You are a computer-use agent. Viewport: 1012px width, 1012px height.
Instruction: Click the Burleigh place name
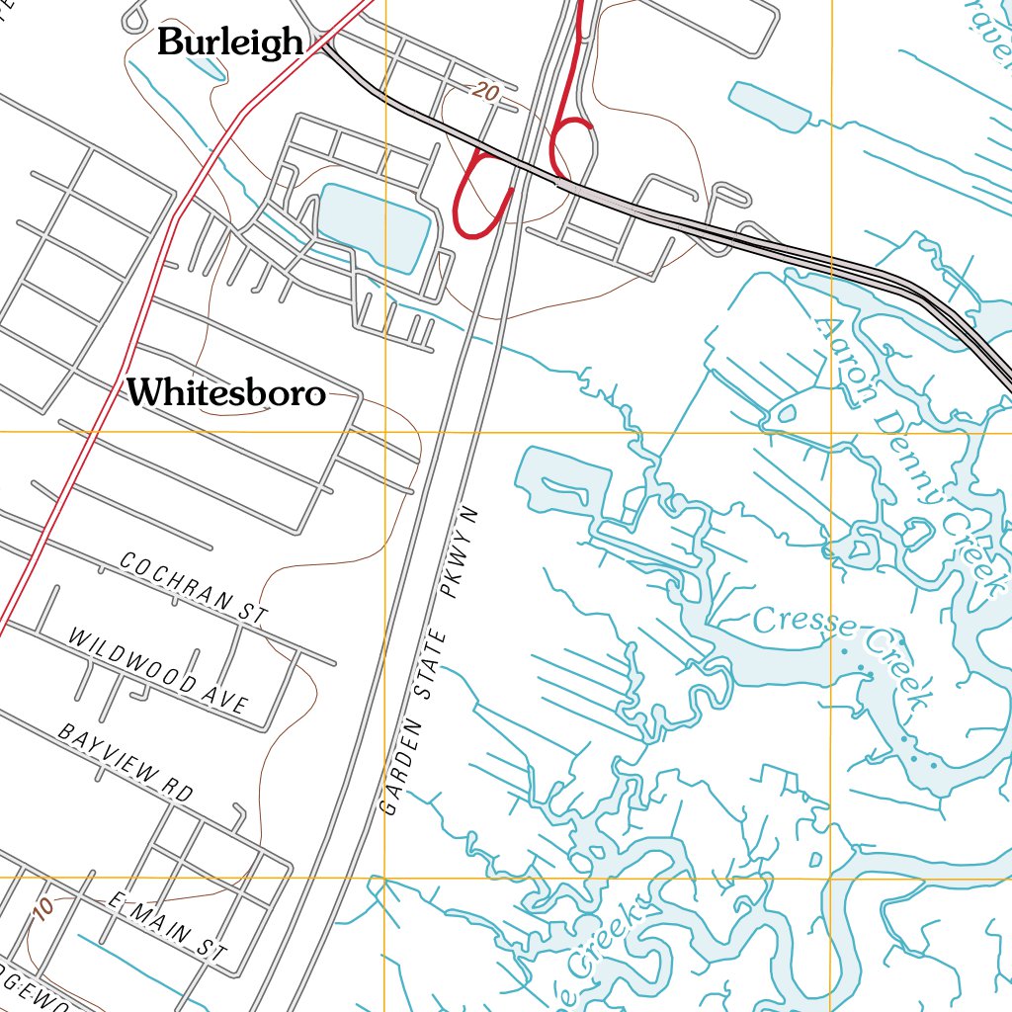point(230,42)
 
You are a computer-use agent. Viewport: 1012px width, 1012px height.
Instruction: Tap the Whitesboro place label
point(226,393)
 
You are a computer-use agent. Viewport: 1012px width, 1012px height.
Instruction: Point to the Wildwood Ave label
point(157,670)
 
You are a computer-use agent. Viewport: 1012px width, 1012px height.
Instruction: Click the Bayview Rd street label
point(125,762)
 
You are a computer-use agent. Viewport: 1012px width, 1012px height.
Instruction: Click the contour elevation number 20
point(484,93)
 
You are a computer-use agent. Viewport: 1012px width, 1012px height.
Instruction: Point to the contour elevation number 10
point(42,909)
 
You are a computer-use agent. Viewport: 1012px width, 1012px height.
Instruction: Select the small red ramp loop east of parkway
point(572,138)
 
